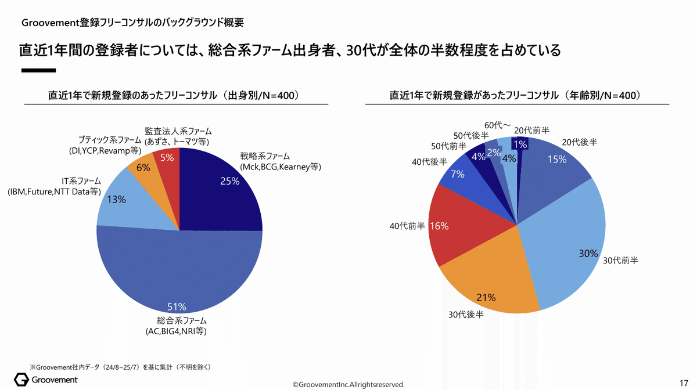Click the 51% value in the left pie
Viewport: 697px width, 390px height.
[177, 306]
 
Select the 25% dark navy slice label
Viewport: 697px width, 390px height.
[230, 181]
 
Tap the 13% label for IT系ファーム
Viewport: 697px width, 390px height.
[117, 200]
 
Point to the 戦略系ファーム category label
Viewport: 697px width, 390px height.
[265, 156]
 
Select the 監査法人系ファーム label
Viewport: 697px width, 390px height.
[178, 131]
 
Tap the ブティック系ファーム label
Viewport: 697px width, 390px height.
[109, 140]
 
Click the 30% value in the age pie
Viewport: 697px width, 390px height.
[588, 253]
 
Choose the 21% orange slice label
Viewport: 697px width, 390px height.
[486, 298]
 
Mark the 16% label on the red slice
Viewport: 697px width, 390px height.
[439, 226]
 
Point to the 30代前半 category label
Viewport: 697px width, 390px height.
[620, 261]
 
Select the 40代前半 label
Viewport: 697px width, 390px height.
[407, 226]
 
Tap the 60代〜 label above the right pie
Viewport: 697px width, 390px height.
[497, 125]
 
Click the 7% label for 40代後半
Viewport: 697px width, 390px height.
[457, 174]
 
